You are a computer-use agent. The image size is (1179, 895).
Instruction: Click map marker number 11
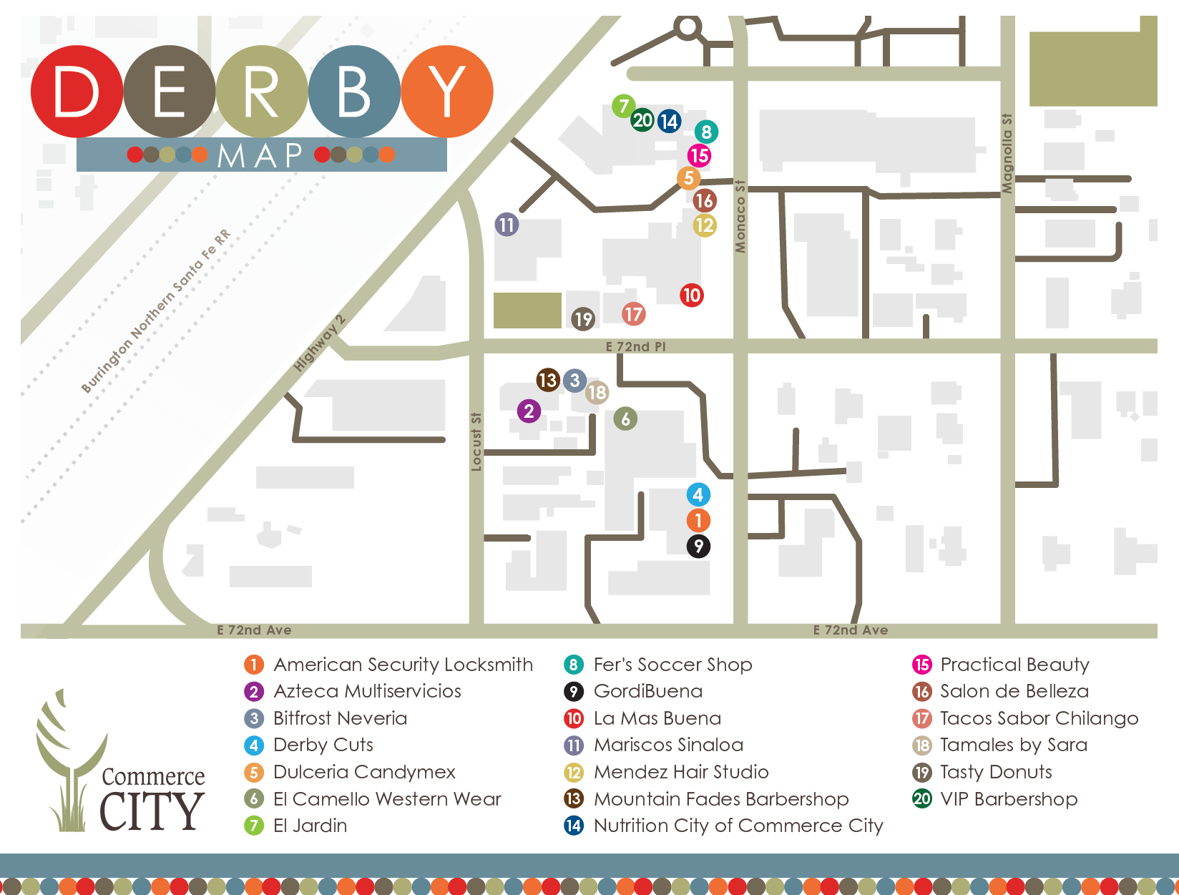click(507, 225)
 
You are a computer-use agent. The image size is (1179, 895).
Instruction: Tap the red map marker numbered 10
click(691, 295)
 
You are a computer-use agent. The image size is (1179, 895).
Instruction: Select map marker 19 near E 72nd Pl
click(583, 318)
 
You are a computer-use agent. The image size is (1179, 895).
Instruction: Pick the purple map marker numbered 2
click(529, 411)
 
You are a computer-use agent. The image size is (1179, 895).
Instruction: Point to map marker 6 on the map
click(625, 419)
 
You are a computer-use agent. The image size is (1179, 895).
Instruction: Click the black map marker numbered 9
click(698, 547)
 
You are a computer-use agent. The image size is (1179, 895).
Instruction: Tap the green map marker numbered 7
click(623, 106)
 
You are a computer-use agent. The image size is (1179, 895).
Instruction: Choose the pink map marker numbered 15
click(699, 155)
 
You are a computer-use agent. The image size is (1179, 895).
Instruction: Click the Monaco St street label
click(740, 216)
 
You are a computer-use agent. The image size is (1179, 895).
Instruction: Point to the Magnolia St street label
click(1007, 153)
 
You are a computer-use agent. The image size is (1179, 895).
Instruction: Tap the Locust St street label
click(476, 441)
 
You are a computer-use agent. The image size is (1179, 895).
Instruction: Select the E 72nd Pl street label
click(635, 347)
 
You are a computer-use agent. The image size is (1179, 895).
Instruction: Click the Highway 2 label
click(320, 343)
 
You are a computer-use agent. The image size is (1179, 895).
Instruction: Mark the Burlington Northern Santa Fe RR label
click(156, 311)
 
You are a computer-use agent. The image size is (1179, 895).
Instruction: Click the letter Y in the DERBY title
click(447, 92)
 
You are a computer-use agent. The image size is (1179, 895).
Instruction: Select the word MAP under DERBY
click(260, 155)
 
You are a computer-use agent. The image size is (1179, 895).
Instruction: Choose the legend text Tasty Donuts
click(996, 772)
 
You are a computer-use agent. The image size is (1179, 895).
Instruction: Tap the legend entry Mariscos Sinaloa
click(668, 745)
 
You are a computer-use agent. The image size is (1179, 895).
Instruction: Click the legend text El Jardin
click(310, 826)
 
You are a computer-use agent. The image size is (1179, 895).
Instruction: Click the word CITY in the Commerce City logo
click(152, 811)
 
